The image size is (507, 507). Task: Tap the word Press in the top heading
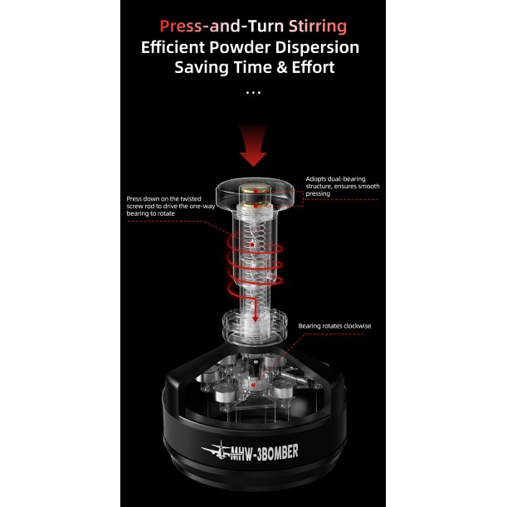[x=183, y=27]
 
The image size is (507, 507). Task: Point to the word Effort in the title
[x=307, y=67]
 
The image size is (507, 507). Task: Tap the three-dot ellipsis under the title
[x=253, y=92]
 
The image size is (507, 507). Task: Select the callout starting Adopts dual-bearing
[x=342, y=187]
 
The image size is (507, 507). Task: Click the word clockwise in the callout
[x=356, y=326]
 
